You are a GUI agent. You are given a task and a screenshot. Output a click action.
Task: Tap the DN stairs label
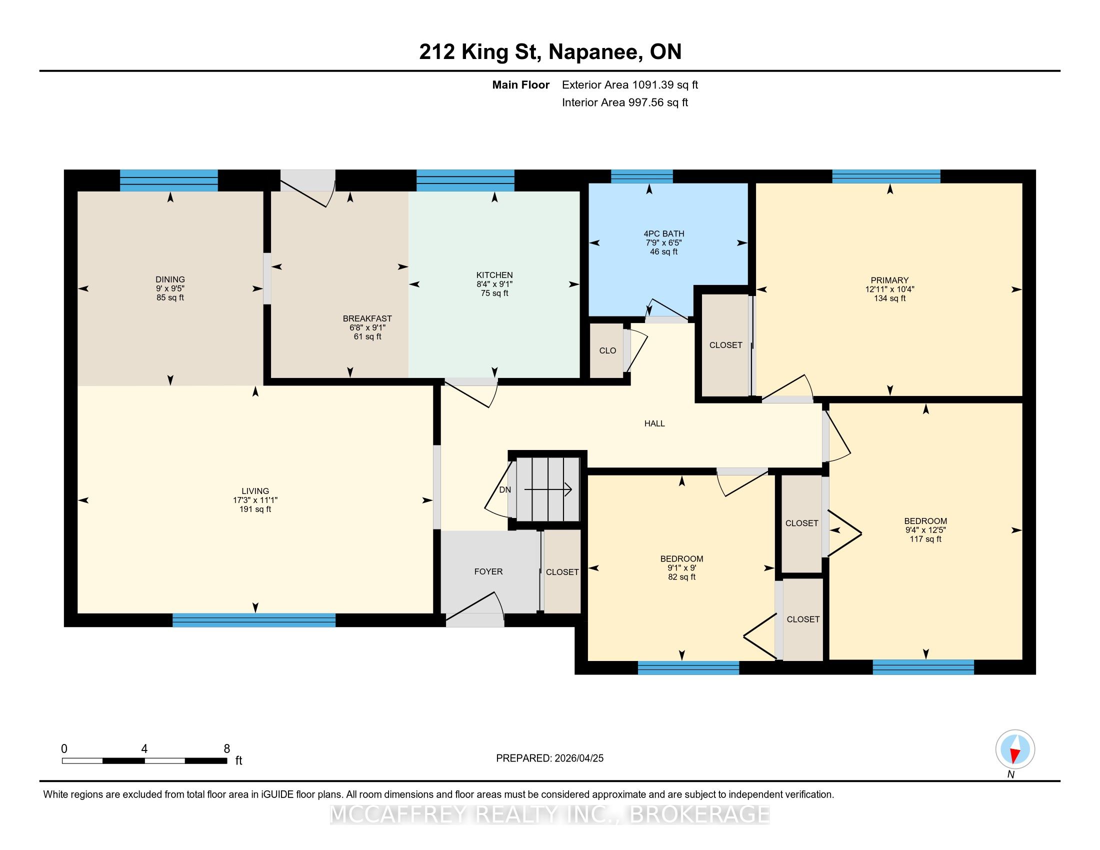[504, 490]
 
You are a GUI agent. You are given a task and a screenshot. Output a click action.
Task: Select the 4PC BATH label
[664, 233]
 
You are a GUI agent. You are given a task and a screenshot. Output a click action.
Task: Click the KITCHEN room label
[494, 275]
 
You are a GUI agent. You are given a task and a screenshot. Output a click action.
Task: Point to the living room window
[254, 620]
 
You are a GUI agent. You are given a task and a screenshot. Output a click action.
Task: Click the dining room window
[168, 180]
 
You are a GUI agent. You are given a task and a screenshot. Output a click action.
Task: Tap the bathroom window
[641, 176]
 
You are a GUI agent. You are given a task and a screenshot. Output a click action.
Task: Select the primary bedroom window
[886, 176]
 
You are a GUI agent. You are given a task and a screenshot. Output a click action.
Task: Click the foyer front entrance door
[475, 610]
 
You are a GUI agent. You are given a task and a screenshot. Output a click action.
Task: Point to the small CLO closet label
[608, 350]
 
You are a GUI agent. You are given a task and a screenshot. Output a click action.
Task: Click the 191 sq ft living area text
[255, 509]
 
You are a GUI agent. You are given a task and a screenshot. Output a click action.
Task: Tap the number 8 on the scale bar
[227, 749]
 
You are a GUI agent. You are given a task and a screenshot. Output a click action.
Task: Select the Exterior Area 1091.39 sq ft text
[630, 84]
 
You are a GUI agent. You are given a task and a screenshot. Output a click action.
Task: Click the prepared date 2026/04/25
[578, 758]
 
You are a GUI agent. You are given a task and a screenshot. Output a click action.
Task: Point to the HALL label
[655, 423]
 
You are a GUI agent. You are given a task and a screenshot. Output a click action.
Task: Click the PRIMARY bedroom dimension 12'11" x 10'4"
[890, 289]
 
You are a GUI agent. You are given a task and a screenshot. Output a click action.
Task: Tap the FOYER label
[488, 571]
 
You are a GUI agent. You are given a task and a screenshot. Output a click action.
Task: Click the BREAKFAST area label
[367, 318]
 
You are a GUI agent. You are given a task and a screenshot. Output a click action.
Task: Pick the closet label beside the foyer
[562, 572]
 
